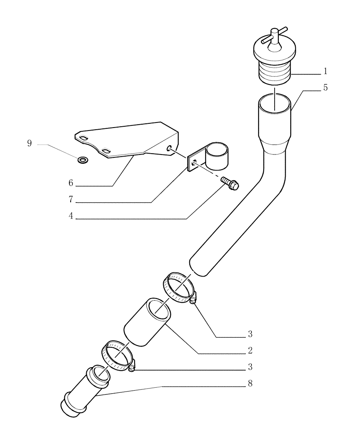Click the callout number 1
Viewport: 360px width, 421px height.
(325, 70)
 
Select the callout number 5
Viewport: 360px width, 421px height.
(325, 88)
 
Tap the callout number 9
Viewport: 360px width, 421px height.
(29, 144)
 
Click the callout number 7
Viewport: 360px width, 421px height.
(71, 198)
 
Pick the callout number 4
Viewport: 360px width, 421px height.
(71, 216)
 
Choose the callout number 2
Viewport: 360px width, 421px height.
(250, 350)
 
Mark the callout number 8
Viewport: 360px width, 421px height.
(250, 384)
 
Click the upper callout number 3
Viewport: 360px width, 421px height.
(250, 334)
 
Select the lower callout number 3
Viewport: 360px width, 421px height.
(250, 367)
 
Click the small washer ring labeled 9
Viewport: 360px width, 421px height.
(83, 159)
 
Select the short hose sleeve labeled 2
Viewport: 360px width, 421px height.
(147, 322)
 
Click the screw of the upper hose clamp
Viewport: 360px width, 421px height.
(193, 300)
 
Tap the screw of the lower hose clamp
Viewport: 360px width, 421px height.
(132, 368)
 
